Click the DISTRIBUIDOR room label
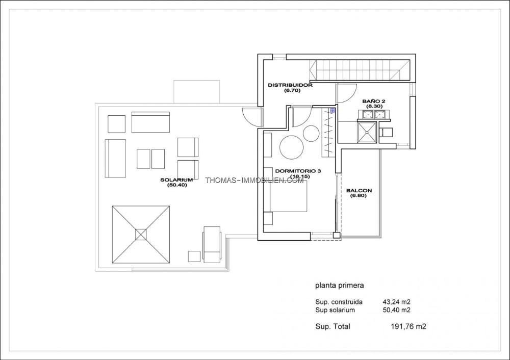[x=290, y=85]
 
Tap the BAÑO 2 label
[x=374, y=101]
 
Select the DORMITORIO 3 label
[x=298, y=171]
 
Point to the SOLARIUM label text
[x=176, y=180]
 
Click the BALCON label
[x=359, y=191]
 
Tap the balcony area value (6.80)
[x=359, y=196]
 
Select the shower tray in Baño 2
[x=367, y=132]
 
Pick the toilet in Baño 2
[x=386, y=132]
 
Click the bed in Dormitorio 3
[x=288, y=196]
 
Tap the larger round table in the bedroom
[x=292, y=147]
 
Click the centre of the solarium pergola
[x=141, y=235]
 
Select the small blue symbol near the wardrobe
[x=332, y=111]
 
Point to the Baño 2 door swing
[x=347, y=94]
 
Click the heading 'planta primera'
[x=340, y=286]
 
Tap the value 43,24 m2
[x=396, y=302]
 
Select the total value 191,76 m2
[x=408, y=326]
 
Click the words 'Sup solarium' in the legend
[x=335, y=310]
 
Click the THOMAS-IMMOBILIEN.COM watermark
[x=254, y=180]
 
